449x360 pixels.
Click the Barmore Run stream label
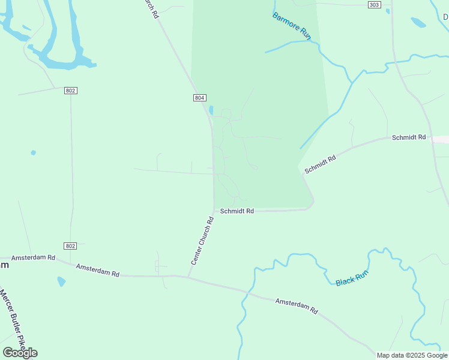[292, 26]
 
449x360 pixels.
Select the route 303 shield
[374, 5]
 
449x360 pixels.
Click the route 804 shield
[200, 98]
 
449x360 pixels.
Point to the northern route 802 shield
[71, 90]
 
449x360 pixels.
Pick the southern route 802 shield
[71, 246]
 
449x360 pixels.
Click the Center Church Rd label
[203, 241]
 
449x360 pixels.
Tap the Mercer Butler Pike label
[11, 321]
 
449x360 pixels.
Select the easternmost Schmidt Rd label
[408, 137]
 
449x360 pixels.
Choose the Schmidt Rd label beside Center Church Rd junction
[237, 211]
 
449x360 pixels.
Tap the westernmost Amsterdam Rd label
[33, 257]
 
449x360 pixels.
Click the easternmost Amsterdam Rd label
[297, 306]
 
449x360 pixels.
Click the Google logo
[20, 352]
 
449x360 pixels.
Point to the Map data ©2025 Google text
[412, 355]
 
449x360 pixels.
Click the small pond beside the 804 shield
[211, 110]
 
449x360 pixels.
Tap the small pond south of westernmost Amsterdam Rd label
[61, 281]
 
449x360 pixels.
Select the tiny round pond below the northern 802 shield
[33, 152]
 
